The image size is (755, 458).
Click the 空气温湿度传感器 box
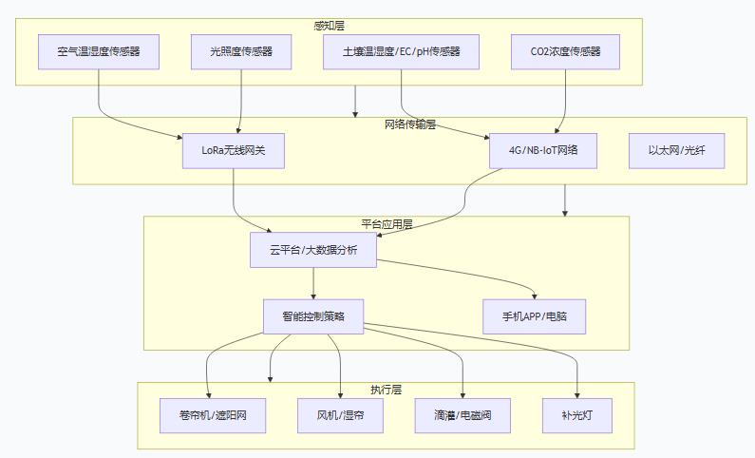(99, 51)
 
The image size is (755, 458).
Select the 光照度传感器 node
(241, 51)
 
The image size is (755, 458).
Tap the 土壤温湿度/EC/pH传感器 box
(401, 51)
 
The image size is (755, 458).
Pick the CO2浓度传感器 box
(568, 51)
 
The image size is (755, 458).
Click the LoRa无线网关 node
(234, 150)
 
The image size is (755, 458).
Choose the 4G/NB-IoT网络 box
(544, 150)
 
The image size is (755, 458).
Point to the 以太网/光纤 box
(676, 150)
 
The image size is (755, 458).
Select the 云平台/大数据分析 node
(314, 250)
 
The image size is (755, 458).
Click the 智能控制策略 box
(313, 316)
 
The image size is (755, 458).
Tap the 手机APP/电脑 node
(535, 316)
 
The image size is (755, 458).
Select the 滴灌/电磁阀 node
(462, 415)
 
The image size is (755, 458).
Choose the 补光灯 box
(577, 415)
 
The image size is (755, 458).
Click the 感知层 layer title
(329, 25)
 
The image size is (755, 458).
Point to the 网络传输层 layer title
(409, 124)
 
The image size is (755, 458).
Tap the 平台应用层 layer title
(387, 224)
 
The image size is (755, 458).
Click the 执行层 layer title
(386, 390)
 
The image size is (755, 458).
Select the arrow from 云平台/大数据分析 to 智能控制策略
(313, 283)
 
